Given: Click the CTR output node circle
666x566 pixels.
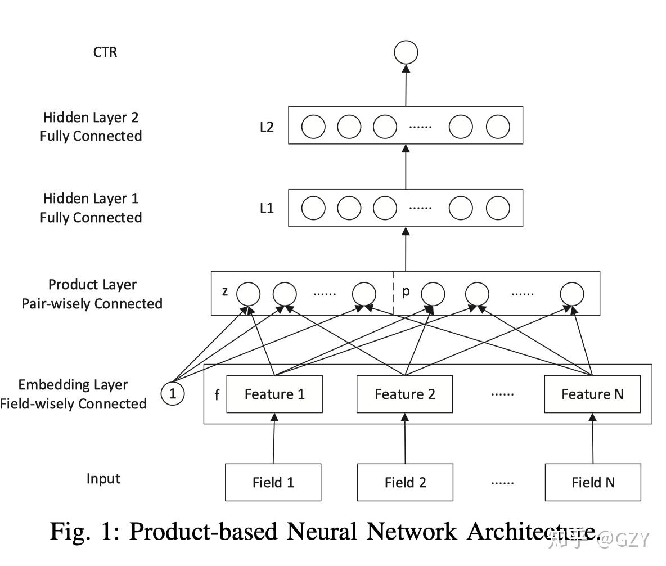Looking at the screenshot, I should coord(406,53).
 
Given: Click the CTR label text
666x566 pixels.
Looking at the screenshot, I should coord(105,52).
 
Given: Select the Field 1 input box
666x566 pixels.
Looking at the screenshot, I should coord(273,482).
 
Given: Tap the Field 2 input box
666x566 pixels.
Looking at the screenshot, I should coord(405,482).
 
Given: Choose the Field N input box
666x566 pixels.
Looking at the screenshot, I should coord(593,482).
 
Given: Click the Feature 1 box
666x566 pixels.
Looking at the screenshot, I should coord(274,394).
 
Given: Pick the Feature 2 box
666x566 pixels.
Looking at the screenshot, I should coord(405,394).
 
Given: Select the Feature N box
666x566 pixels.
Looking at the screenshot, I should coord(592,394).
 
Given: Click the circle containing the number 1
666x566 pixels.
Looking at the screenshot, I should coord(173,394).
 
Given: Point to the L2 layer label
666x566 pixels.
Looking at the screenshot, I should coord(267,127).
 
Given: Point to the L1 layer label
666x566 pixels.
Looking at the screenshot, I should coord(267,208).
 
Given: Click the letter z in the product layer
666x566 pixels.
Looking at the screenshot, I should coord(224,292).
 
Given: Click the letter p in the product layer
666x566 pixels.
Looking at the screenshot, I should coord(406,293).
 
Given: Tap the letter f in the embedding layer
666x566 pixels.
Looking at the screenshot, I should coord(217,395).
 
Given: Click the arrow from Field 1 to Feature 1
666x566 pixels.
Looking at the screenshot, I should coord(274,439).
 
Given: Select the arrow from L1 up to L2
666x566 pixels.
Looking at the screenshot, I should coord(406,167).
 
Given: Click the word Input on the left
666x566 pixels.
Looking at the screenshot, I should coord(103,479).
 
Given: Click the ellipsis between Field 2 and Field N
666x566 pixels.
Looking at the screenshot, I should coord(502,482).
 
